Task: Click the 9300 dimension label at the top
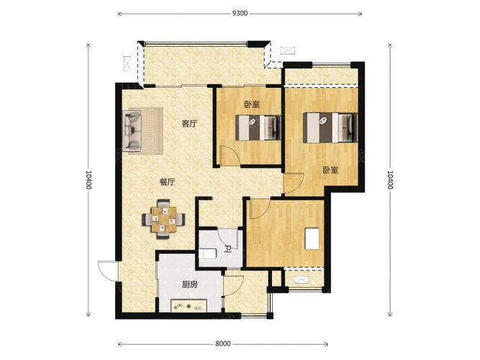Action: pos(240,13)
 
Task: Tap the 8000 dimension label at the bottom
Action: pos(222,343)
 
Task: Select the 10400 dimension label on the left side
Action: pos(89,179)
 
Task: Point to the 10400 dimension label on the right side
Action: pos(390,179)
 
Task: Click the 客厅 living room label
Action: pos(189,124)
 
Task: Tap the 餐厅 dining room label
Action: pos(168,182)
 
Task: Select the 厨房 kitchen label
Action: pos(189,284)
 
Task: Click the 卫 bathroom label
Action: pos(227,249)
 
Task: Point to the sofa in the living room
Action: pos(132,131)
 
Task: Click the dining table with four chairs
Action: pos(163,219)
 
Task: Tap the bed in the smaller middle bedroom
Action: pos(258,127)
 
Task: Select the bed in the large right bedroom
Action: pos(330,127)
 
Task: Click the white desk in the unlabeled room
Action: pos(312,238)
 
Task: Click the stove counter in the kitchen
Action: pos(189,305)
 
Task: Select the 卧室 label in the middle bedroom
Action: pos(252,104)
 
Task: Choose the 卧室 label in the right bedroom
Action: pos(330,170)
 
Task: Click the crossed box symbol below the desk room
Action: pos(301,279)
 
